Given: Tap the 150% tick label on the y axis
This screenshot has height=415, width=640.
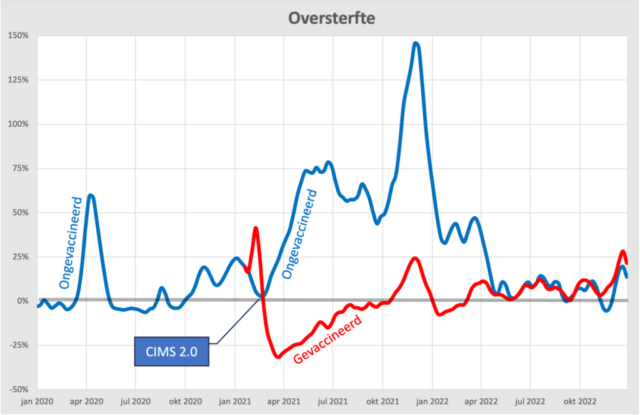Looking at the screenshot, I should (x=19, y=35).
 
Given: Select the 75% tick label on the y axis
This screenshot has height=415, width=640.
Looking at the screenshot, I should (x=20, y=168).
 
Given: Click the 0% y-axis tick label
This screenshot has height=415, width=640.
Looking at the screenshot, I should (x=22, y=301).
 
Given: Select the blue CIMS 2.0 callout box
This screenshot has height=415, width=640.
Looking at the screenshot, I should (x=171, y=352).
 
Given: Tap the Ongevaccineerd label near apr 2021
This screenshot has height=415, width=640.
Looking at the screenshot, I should (x=301, y=236).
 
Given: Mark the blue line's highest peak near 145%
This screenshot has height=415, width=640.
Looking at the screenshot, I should (x=416, y=43).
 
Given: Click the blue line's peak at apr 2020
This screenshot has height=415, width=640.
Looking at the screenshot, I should (x=91, y=195).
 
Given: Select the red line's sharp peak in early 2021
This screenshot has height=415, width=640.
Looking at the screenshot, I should (x=256, y=228).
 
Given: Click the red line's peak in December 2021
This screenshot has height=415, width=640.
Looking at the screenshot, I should (x=415, y=258).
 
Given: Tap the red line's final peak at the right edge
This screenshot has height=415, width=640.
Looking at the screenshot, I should (x=623, y=251).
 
